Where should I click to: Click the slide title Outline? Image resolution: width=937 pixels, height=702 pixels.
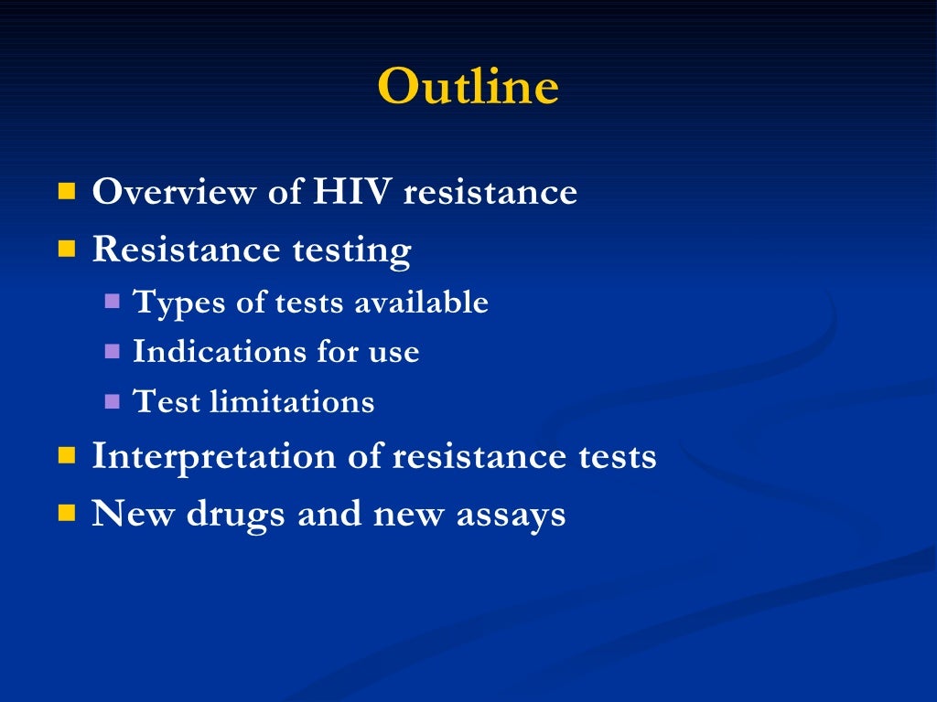tap(468, 87)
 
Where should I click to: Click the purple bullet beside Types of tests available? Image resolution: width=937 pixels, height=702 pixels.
tap(113, 301)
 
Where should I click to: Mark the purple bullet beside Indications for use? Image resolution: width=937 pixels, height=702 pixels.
tap(113, 350)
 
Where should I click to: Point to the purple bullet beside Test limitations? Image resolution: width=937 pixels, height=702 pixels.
tap(113, 400)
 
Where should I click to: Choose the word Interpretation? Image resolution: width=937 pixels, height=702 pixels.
tap(207, 456)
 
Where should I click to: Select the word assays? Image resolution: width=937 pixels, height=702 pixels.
tap(514, 516)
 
